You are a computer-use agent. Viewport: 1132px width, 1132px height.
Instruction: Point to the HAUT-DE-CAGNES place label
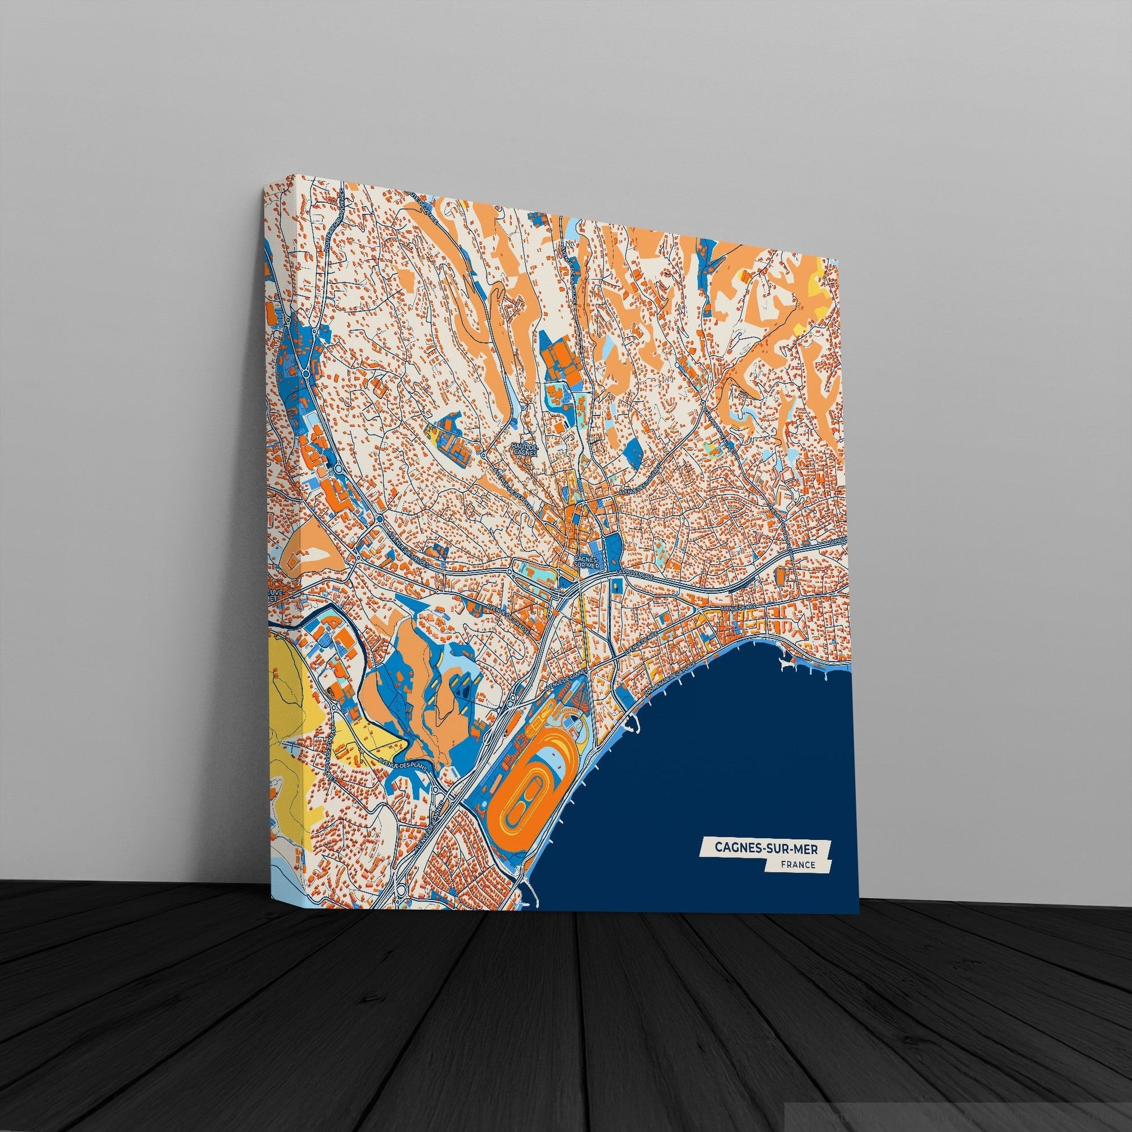pyautogui.click(x=521, y=448)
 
